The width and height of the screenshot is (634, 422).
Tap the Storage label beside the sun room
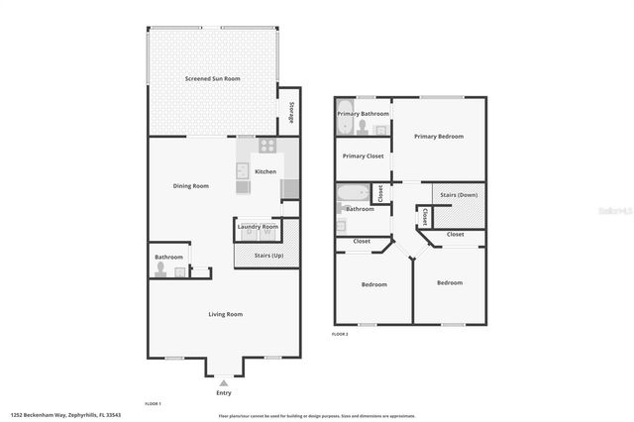[291, 112]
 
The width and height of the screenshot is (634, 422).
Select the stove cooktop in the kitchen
[266, 145]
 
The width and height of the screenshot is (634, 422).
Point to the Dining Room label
[191, 185]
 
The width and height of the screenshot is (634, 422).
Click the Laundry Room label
[258, 227]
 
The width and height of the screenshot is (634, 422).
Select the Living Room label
[225, 314]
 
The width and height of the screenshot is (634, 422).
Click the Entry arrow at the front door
[224, 382]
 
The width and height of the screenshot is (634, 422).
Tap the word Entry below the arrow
[224, 393]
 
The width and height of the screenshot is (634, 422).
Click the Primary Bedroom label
[438, 136]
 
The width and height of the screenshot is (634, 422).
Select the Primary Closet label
[361, 156]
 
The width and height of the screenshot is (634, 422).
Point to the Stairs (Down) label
[458, 195]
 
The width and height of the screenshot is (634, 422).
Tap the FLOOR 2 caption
[340, 334]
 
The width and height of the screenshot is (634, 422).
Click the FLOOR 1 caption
[153, 404]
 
